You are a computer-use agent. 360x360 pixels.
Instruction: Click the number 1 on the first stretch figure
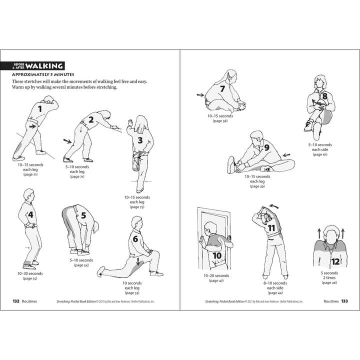[41, 107]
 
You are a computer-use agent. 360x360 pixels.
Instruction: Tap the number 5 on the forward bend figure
[83, 216]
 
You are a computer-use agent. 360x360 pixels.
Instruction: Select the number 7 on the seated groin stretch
[223, 89]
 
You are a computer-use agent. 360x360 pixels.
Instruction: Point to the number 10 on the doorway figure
[217, 255]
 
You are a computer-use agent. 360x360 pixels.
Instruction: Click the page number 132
[18, 301]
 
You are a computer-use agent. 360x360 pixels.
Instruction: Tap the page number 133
[344, 301]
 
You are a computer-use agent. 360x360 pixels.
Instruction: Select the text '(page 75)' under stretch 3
[137, 206]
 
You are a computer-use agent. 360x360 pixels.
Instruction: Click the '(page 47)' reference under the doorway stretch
[216, 281]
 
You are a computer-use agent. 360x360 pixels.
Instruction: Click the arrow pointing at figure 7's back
[200, 94]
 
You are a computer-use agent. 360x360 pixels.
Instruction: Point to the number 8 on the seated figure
[324, 96]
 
